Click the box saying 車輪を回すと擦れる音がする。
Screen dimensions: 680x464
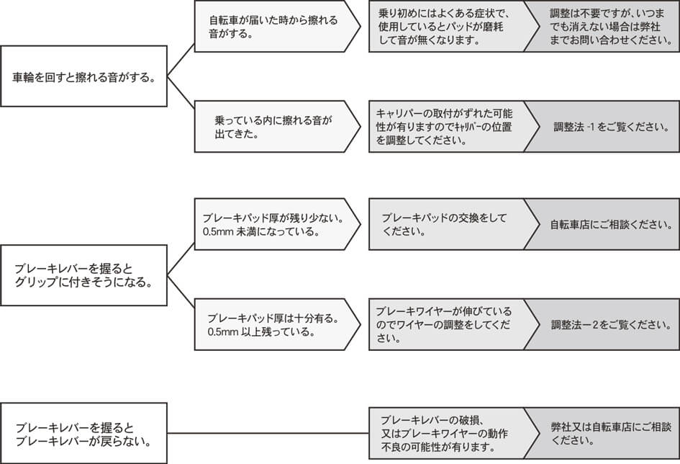point(83,76)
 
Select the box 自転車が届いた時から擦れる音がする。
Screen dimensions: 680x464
point(277,27)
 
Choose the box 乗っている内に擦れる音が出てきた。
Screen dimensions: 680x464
point(277,126)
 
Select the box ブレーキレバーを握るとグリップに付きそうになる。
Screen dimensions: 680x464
point(83,275)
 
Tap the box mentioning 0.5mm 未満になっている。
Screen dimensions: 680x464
point(277,224)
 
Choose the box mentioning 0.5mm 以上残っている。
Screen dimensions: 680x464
point(277,324)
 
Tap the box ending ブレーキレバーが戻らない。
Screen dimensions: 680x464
point(83,433)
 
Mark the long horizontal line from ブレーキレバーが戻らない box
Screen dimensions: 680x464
point(268,433)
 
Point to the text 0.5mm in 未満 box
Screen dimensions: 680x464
point(219,232)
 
